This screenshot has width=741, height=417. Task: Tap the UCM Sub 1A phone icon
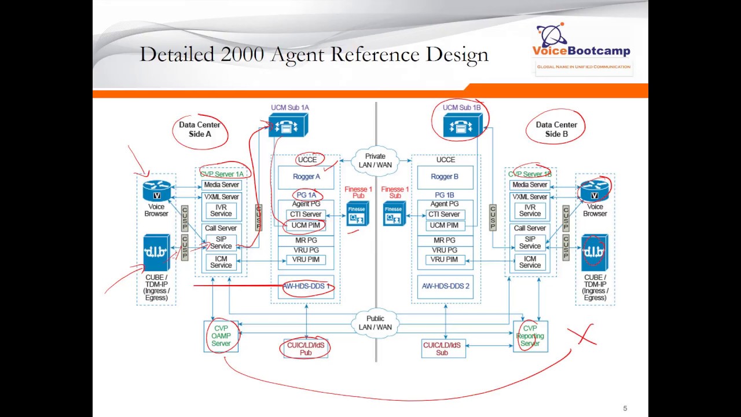[288, 126]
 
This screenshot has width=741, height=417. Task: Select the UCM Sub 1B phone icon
[462, 126]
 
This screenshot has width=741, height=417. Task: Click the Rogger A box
[306, 177]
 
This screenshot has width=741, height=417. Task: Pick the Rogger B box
[445, 177]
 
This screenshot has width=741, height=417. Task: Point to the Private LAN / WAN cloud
[375, 160]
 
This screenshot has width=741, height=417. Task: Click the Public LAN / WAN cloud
[375, 323]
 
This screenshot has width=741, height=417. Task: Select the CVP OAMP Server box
[221, 336]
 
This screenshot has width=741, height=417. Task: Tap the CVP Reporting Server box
[530, 336]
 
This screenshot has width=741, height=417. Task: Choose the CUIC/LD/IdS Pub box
[306, 349]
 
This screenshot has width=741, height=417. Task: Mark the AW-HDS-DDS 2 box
[445, 286]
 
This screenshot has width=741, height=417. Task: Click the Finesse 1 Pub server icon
[357, 214]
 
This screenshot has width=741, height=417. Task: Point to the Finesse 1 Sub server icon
[394, 214]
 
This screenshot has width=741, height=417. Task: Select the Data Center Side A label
[200, 129]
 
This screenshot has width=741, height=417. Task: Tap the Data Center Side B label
[556, 129]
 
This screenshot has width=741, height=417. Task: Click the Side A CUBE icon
[156, 253]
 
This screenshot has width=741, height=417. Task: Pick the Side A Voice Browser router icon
[156, 191]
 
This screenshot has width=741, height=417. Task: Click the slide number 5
[625, 408]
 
